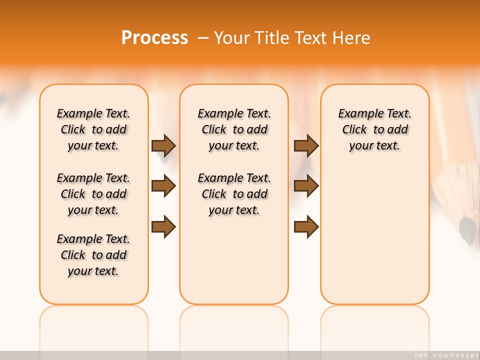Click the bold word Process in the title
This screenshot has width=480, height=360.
(154, 38)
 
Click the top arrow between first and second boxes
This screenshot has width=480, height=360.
(163, 146)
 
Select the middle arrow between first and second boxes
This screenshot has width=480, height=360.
(163, 186)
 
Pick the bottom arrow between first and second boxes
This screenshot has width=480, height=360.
(163, 227)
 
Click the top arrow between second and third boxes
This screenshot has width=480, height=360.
(306, 146)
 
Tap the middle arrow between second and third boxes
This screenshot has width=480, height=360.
(306, 186)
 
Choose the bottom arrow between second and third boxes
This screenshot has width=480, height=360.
(306, 227)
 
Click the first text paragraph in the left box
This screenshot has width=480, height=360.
(93, 129)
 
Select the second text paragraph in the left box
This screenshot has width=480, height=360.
(93, 194)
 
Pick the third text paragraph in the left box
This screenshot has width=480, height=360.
(93, 255)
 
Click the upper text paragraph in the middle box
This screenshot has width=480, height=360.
(234, 129)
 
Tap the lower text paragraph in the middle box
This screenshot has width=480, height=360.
(234, 194)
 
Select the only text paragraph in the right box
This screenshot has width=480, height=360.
(375, 129)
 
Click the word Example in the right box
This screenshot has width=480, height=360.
(357, 114)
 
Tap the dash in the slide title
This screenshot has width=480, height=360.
(203, 38)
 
